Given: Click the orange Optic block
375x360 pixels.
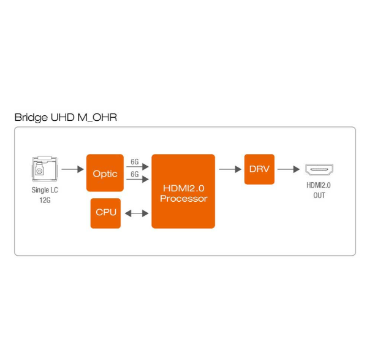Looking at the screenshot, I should [x=105, y=174].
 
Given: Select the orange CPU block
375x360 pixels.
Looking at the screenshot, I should [x=105, y=213].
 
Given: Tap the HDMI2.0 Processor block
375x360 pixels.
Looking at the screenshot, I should [x=183, y=191].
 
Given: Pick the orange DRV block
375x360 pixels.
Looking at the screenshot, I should [x=259, y=169].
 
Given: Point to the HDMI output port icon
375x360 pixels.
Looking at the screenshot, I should [x=319, y=169].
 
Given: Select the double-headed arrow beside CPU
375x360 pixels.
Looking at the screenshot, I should [x=136, y=213].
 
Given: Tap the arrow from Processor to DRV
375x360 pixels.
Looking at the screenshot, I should [x=229, y=169].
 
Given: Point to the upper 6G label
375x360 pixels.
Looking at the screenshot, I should [x=135, y=161].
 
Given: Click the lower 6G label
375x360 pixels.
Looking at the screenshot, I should [x=135, y=175].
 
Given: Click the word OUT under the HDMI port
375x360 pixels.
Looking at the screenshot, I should [x=319, y=196].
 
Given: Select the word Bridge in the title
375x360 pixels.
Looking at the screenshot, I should [x=29, y=117].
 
